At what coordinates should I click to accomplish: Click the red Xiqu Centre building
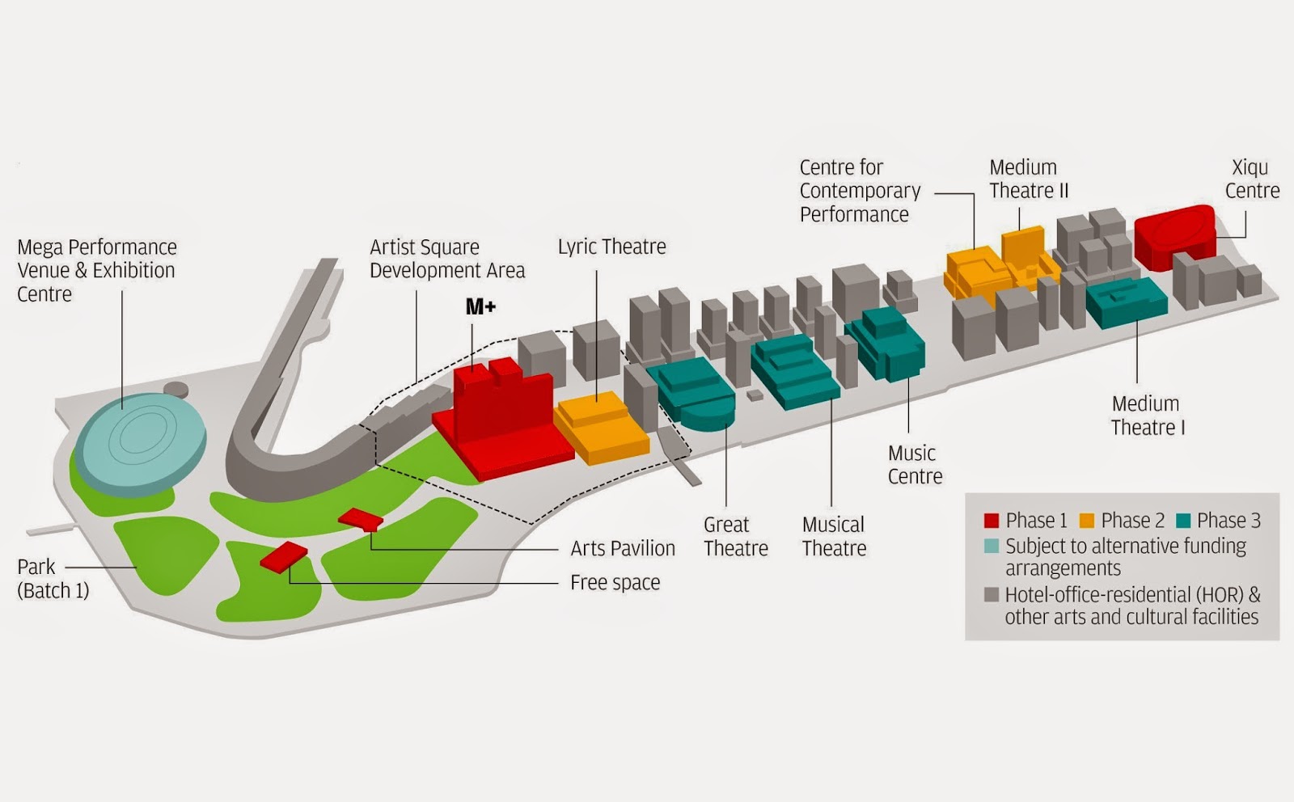(1175, 237)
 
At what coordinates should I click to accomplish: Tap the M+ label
(480, 306)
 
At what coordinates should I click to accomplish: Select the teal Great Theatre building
(691, 393)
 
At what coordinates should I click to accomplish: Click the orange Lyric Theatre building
(602, 427)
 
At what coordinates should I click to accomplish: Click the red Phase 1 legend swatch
(992, 521)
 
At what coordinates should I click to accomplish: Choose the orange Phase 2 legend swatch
(1087, 521)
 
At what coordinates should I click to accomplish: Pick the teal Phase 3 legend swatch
(1183, 521)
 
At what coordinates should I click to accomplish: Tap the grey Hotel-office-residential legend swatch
(992, 595)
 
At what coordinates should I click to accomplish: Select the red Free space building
(284, 557)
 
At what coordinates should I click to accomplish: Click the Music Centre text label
(915, 465)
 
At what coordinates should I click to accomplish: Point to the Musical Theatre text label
(834, 536)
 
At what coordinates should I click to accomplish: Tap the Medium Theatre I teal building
(1126, 302)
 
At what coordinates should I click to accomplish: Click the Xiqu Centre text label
(1253, 179)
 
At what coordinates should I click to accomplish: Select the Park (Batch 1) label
(53, 579)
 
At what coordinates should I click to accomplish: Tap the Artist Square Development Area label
(447, 259)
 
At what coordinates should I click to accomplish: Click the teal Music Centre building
(886, 344)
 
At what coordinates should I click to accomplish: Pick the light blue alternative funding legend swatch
(992, 546)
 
